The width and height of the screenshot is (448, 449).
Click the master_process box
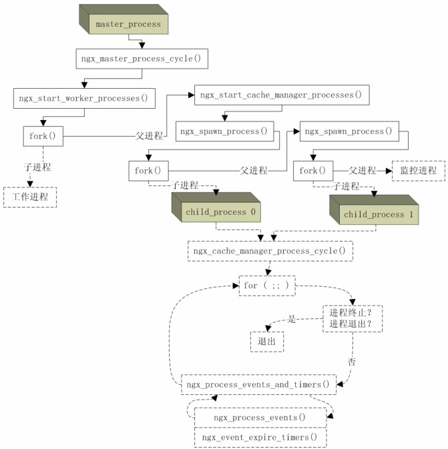point(128,25)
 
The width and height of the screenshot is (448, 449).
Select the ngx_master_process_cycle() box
point(142,59)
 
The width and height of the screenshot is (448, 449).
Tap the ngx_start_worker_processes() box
point(84,98)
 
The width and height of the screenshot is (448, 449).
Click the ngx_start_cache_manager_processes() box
point(280,95)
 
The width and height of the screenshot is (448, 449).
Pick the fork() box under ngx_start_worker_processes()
point(43,136)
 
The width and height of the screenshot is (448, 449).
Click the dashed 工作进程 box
point(30,197)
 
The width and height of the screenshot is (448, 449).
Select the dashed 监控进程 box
point(418,171)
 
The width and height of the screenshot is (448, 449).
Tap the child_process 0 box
point(220,212)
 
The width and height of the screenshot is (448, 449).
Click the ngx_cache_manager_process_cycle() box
point(270,251)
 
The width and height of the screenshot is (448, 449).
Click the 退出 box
point(266,340)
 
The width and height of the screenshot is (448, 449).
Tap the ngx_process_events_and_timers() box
point(258,384)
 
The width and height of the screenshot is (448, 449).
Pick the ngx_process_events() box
point(260,418)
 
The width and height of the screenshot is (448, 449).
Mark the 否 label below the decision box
point(351,362)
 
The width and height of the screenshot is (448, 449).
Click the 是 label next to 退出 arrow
point(292,319)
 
